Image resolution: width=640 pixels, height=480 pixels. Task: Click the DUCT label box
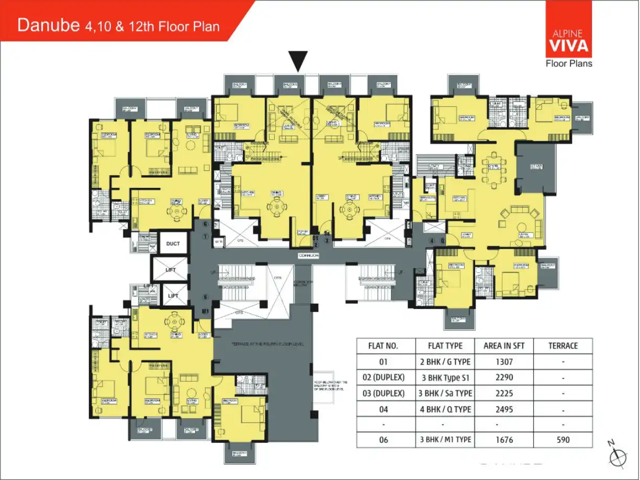tap(173, 244)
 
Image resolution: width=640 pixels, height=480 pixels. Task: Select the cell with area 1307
tap(503, 361)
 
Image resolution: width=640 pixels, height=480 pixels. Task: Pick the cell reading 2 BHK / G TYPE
tap(445, 361)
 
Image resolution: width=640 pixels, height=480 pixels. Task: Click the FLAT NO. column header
tap(384, 346)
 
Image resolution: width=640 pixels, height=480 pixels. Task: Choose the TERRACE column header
tap(563, 346)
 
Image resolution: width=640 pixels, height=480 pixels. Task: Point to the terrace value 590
tap(563, 440)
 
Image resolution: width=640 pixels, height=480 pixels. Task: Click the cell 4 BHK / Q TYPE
tap(445, 409)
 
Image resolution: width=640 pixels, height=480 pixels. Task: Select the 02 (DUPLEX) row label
tap(384, 378)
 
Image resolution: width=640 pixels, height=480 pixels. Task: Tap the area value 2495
tap(503, 409)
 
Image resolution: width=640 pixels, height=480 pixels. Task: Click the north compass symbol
tap(617, 455)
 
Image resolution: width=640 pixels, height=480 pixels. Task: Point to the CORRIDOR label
tap(309, 256)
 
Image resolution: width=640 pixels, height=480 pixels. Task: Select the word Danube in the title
tap(49, 26)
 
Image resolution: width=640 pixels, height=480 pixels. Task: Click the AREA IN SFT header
tap(503, 346)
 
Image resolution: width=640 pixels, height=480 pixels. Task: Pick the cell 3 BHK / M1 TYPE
tap(445, 440)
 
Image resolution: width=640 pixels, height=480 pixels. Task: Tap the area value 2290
tap(503, 378)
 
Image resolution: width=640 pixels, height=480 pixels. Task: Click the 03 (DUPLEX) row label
tap(384, 393)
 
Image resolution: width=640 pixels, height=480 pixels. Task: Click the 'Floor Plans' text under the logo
tap(569, 64)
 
